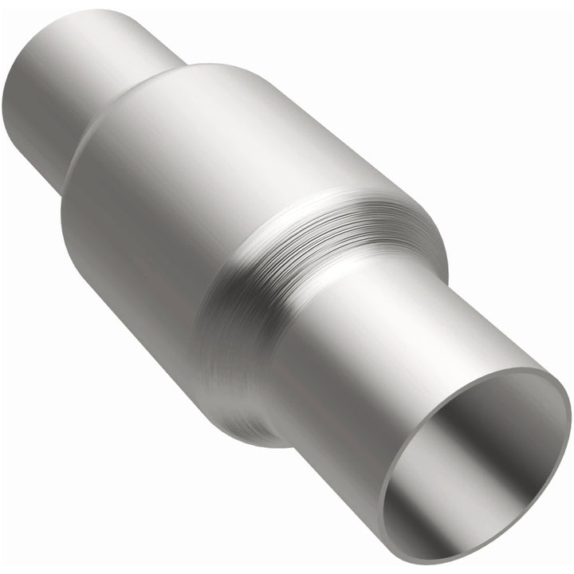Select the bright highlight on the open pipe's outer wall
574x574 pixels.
pos(446,319)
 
